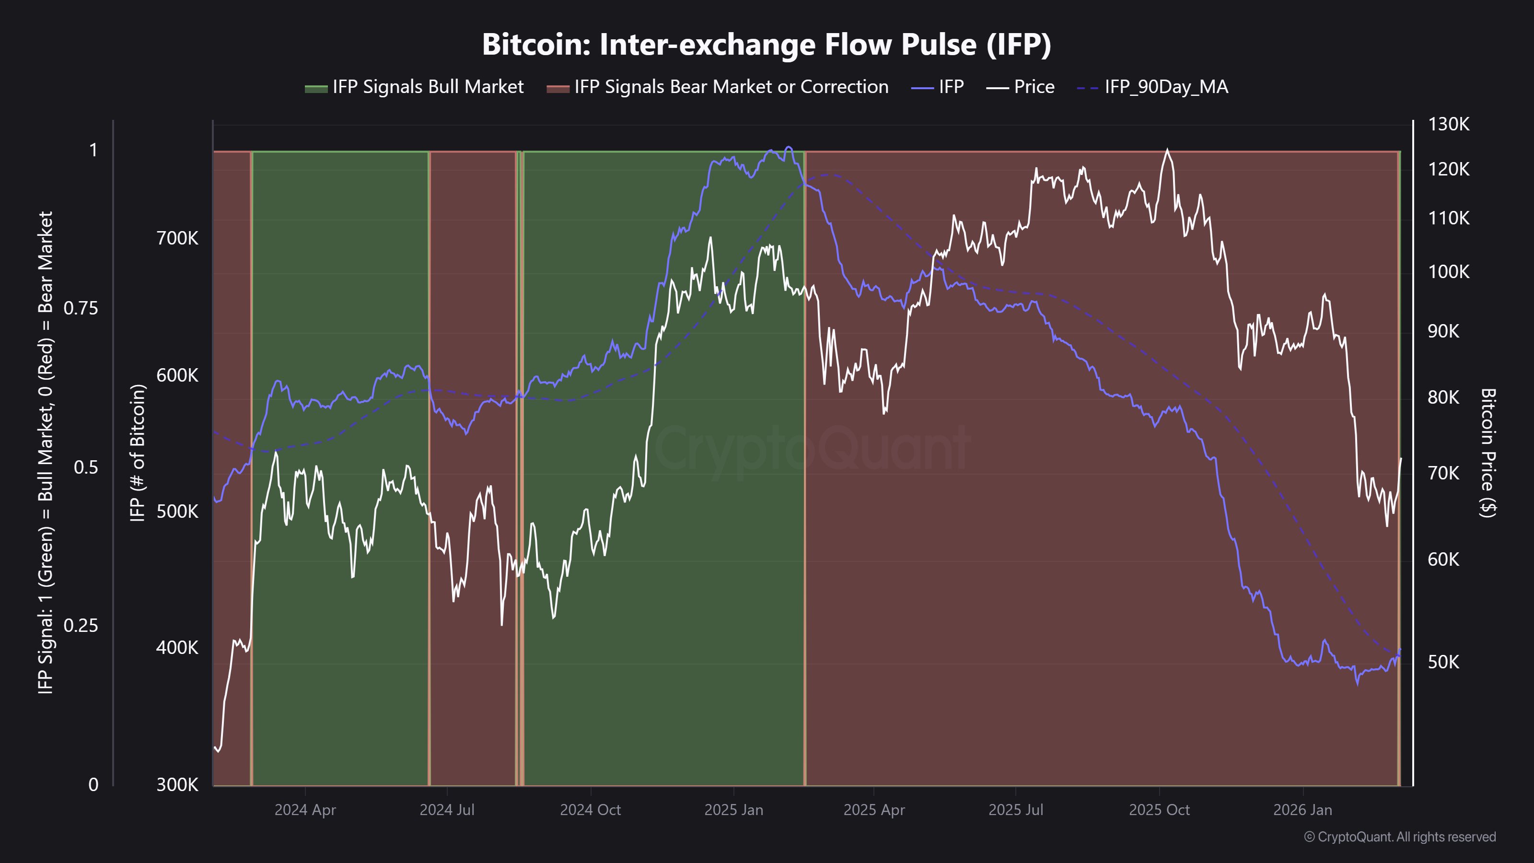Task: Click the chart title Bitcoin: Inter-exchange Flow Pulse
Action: click(767, 45)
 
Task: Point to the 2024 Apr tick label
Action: click(305, 810)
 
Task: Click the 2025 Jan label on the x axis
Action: click(733, 810)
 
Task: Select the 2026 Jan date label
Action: click(1302, 810)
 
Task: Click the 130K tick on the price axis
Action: click(1448, 125)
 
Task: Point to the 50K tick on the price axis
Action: click(1443, 662)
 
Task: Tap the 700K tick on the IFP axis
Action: click(177, 239)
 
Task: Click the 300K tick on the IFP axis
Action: click(177, 785)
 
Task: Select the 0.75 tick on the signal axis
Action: click(81, 308)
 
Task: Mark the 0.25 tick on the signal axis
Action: click(81, 625)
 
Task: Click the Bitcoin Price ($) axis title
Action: click(1488, 453)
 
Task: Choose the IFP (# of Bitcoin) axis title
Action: click(138, 453)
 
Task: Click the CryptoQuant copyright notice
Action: click(1399, 837)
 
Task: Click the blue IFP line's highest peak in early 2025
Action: click(789, 147)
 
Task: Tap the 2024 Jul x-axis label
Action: click(447, 810)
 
